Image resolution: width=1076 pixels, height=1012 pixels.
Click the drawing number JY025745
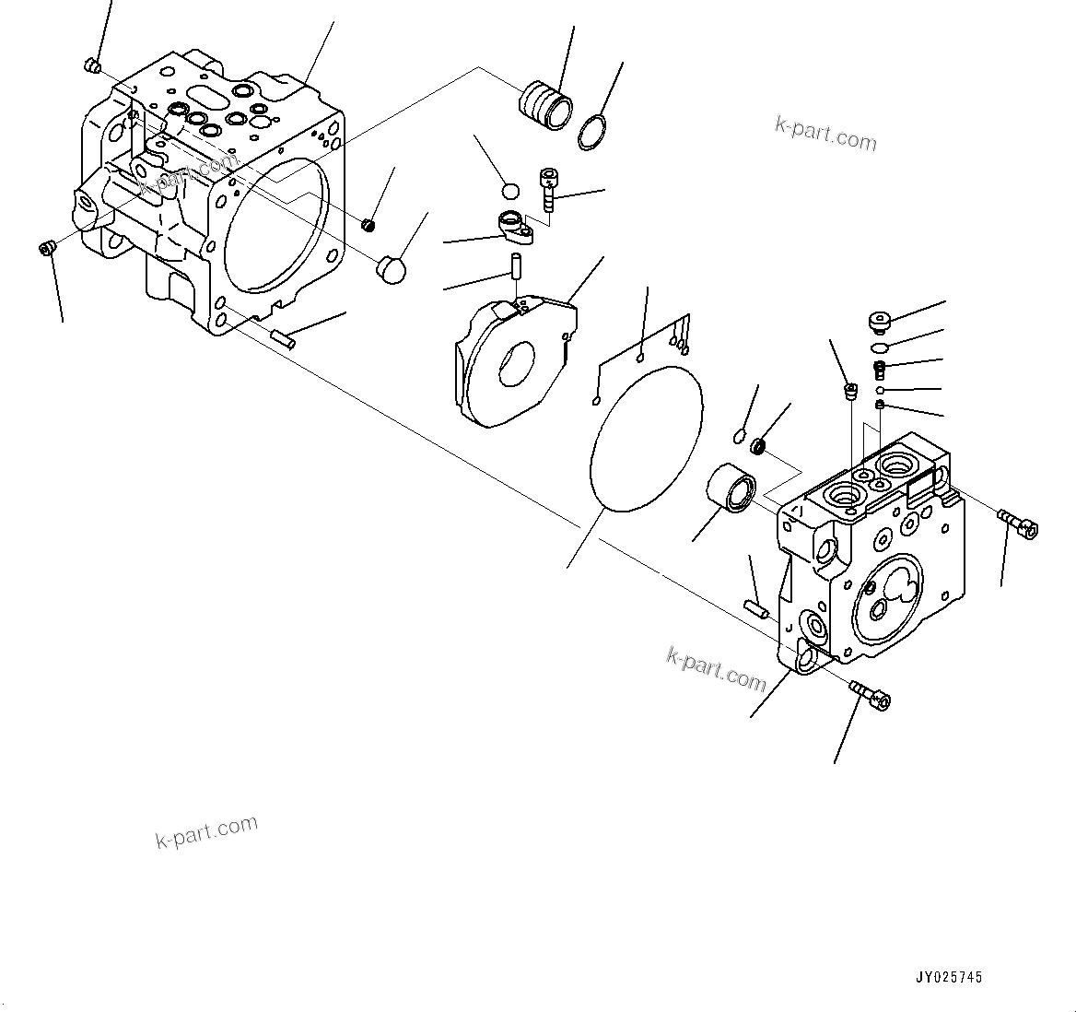[x=948, y=977]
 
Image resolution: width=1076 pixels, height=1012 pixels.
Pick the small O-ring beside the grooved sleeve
[x=592, y=132]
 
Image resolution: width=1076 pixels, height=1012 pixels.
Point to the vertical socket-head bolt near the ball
[x=549, y=189]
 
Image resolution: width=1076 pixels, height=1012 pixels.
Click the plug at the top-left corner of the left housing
[x=90, y=65]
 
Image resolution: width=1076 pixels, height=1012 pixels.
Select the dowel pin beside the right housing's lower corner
[x=755, y=608]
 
